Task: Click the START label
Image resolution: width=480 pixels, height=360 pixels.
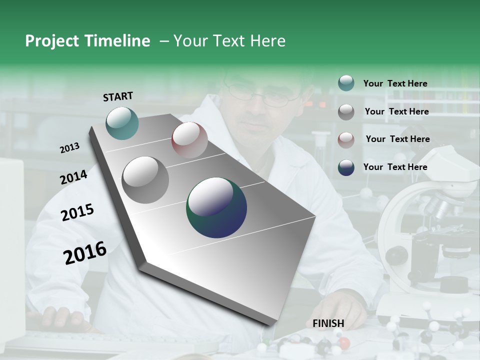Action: [118, 96]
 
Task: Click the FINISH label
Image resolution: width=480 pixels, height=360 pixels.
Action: [328, 323]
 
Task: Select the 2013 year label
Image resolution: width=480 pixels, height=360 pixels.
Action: [70, 148]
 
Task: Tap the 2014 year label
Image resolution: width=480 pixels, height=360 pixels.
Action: [73, 177]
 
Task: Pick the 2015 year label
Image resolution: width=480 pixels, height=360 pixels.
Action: [77, 212]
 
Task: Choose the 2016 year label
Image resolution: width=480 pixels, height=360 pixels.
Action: [85, 252]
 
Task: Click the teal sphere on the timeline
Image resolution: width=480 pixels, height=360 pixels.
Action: [122, 123]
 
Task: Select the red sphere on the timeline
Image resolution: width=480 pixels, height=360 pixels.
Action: [189, 140]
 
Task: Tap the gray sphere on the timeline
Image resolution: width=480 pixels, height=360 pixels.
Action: [145, 179]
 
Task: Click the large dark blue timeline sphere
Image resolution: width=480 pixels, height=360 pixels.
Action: [216, 207]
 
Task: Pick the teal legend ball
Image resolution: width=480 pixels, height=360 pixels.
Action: [346, 83]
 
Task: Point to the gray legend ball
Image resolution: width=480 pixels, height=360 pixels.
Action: [346, 112]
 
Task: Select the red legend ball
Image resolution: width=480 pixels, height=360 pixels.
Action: [346, 140]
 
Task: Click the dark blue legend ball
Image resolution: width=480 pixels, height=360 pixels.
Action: [346, 167]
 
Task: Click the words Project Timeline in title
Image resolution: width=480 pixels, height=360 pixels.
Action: [87, 41]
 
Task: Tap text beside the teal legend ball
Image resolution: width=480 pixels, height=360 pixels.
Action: [395, 83]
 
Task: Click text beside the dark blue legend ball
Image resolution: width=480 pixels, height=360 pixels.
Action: [395, 167]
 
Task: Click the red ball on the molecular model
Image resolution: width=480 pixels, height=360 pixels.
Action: [343, 343]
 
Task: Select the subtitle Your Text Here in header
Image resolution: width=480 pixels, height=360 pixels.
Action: [229, 41]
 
